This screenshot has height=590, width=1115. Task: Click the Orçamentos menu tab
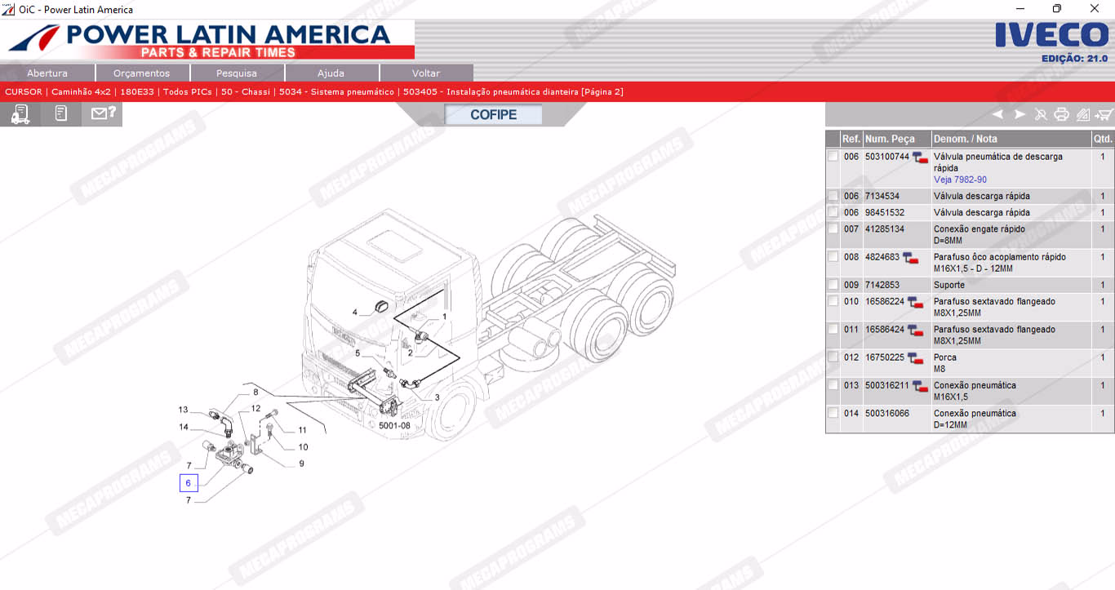142,73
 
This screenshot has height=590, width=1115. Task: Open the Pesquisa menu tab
237,73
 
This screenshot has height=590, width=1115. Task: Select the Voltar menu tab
426,73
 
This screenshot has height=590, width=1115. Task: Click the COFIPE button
493,115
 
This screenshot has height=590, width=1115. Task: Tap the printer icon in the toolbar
1061,115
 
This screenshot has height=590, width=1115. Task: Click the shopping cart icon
1104,115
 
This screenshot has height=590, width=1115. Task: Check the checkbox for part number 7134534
833,196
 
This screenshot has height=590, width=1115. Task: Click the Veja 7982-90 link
960,180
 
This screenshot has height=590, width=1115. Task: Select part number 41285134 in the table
885,228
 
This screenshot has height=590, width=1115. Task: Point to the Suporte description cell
948,285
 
